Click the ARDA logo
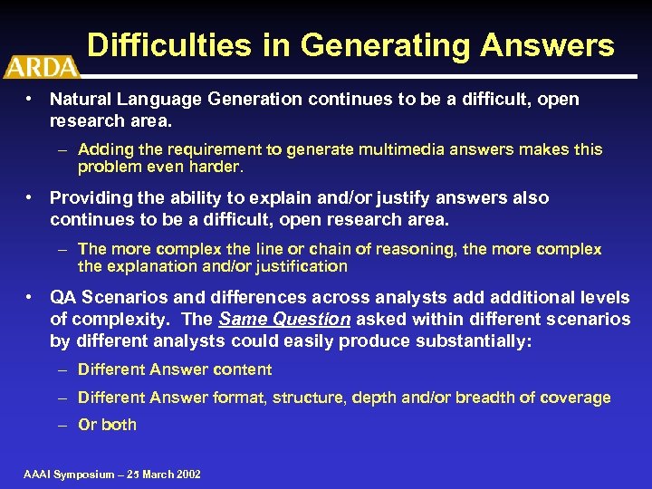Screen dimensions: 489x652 click(42, 66)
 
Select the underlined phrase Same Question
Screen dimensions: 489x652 click(284, 319)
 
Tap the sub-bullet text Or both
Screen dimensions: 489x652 click(107, 424)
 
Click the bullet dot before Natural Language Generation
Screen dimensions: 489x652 click(30, 99)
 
